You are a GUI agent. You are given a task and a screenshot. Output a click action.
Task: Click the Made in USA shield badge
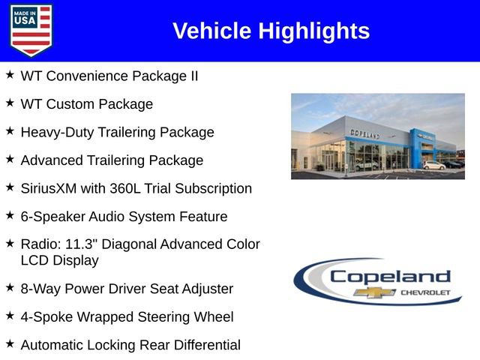click(31, 30)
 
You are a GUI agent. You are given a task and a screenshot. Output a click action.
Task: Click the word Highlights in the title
click(314, 31)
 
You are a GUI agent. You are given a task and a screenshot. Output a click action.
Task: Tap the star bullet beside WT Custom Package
click(10, 103)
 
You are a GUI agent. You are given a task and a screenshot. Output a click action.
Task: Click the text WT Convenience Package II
click(109, 76)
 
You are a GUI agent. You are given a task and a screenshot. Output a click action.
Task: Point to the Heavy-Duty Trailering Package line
click(117, 132)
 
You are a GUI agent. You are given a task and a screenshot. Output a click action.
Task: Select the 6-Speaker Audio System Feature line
click(124, 217)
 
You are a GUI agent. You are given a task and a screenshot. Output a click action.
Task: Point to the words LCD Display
click(59, 260)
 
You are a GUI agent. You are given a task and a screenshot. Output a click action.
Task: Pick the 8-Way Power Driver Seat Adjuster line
click(127, 289)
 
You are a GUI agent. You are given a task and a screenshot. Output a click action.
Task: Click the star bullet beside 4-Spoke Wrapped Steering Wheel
click(10, 316)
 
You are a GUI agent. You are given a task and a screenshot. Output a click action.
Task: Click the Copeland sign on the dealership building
click(364, 133)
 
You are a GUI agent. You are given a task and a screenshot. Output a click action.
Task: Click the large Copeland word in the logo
click(390, 277)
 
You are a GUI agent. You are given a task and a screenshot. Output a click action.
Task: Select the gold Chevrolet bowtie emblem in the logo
click(375, 292)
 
